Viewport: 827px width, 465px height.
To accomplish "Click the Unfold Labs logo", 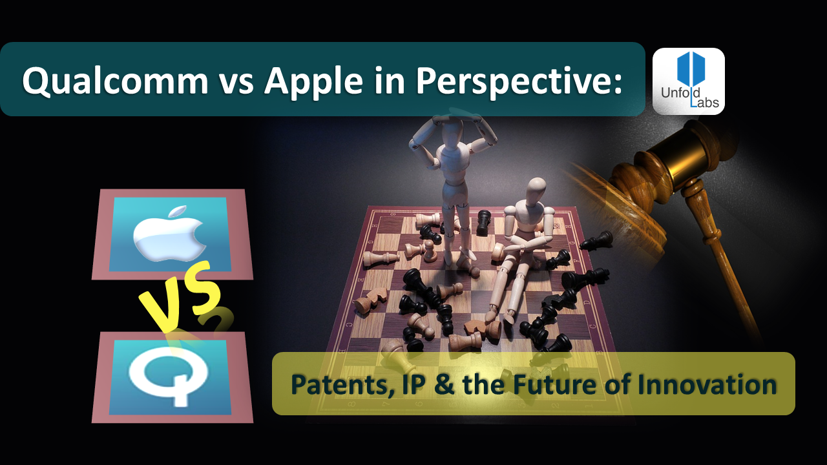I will pos(688,81).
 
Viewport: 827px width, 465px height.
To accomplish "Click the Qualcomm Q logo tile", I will pos(172,377).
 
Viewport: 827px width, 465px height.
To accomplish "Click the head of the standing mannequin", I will pos(445,127).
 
